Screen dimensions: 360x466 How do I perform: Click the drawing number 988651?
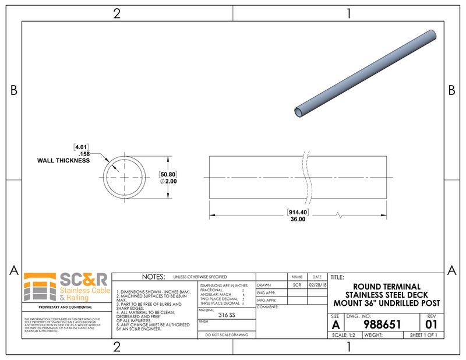click(382, 324)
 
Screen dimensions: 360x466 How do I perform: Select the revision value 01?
click(431, 324)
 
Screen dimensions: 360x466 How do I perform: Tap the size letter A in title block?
click(336, 325)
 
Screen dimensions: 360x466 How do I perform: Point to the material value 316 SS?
click(227, 315)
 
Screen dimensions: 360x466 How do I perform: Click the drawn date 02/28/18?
click(317, 285)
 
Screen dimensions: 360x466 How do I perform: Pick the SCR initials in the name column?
click(297, 285)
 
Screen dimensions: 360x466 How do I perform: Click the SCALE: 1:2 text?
click(344, 335)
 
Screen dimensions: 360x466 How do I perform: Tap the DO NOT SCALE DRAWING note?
click(226, 335)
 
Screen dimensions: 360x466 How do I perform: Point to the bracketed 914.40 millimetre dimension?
click(297, 213)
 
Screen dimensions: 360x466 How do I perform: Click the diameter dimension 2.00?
click(168, 182)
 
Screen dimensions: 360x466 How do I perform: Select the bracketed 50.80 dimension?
click(168, 174)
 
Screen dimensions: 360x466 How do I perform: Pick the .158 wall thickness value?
click(83, 154)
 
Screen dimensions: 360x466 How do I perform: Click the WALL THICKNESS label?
click(63, 160)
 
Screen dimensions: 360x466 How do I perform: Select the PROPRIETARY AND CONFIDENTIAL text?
click(65, 307)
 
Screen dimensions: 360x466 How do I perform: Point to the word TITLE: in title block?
click(337, 277)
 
